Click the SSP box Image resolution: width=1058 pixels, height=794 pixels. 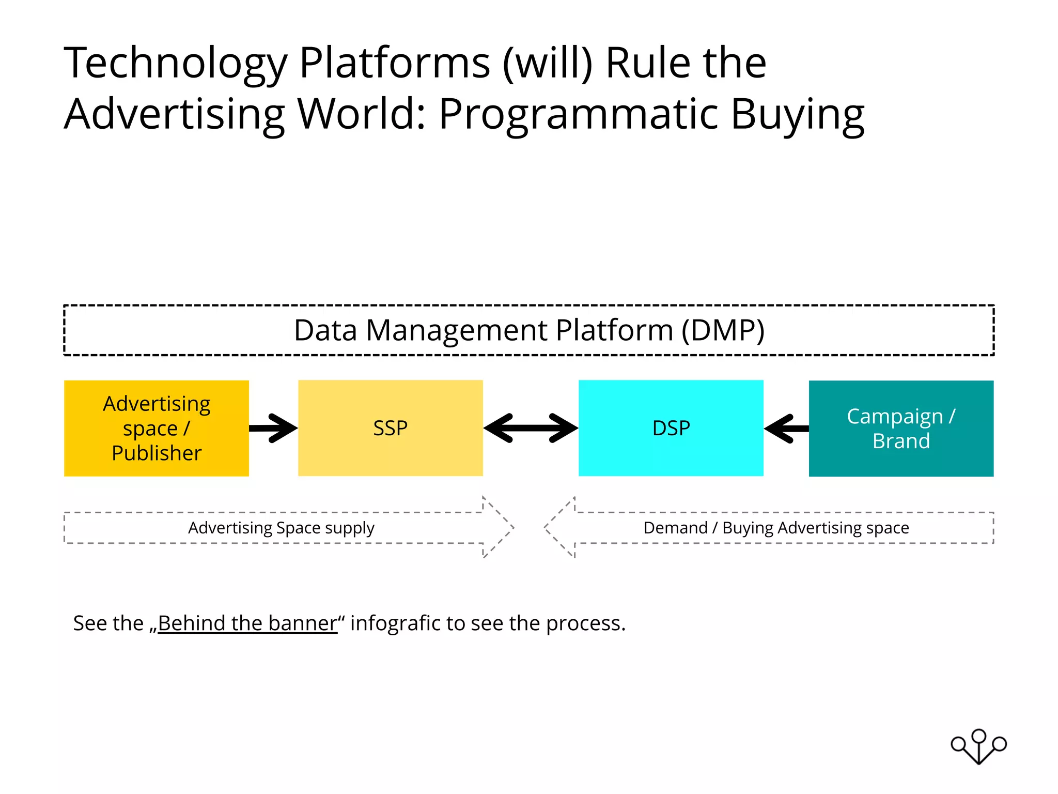pos(390,428)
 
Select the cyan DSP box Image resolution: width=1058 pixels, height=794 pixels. pos(671,428)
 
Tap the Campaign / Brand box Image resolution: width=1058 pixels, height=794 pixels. pos(901,428)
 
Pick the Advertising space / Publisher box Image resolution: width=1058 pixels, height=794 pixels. pos(156,428)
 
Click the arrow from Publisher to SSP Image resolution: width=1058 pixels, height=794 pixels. pos(274,428)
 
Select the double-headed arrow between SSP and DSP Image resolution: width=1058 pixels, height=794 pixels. pos(531,428)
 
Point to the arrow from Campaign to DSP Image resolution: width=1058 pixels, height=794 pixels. pos(786,428)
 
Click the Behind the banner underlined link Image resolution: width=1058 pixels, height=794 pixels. pos(247,623)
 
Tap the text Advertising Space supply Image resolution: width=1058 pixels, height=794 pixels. pos(281,528)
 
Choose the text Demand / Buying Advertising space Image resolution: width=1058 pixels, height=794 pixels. pos(776,528)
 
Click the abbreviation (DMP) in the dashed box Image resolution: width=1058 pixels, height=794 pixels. pos(723,331)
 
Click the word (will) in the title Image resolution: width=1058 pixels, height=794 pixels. pos(548,63)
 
